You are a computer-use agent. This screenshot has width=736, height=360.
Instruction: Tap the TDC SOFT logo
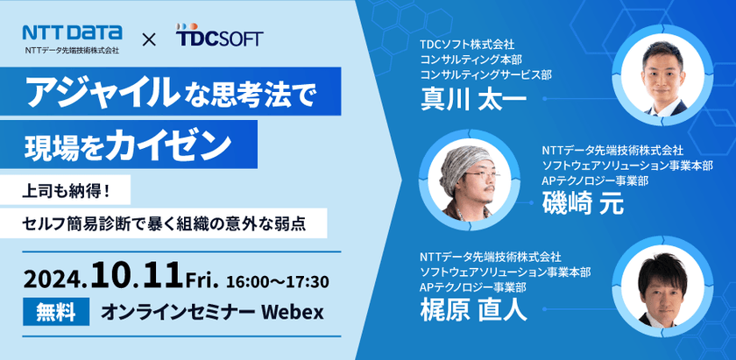point(218,39)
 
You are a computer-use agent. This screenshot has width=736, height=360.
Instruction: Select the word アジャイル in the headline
point(88,92)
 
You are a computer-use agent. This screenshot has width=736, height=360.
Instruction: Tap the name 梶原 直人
point(473,308)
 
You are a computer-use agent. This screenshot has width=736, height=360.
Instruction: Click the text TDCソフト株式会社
point(467,43)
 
